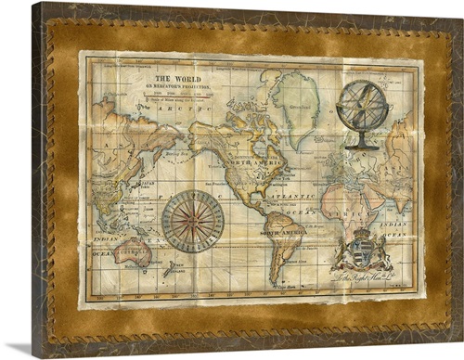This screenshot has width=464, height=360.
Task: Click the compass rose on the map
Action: coord(193,221)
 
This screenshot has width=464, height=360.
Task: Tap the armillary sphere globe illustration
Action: coord(362,110)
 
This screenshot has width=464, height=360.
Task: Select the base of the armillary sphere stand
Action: coord(361,145)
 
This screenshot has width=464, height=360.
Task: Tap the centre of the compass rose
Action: coord(193,221)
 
